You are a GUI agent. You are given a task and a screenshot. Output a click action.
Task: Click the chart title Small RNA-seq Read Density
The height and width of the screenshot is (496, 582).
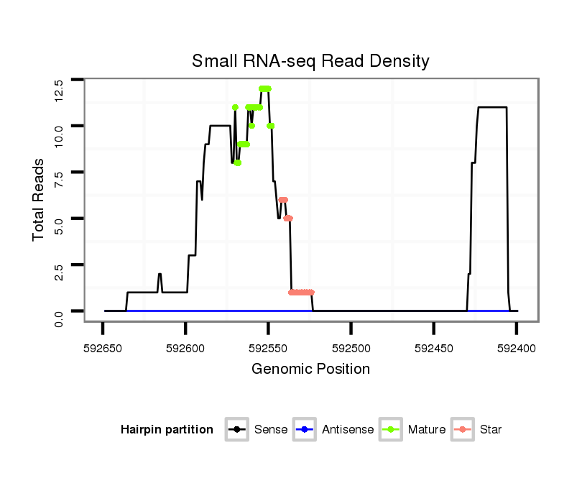click(x=310, y=61)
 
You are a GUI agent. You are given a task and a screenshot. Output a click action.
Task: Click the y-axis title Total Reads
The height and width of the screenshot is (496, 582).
click(x=40, y=200)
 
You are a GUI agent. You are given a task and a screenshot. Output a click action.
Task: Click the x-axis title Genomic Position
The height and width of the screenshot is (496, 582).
click(x=310, y=369)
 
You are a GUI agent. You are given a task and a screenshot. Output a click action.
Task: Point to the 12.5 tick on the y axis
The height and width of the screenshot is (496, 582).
click(x=60, y=88)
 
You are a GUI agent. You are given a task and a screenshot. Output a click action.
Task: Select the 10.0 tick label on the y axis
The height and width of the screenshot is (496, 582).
click(x=60, y=134)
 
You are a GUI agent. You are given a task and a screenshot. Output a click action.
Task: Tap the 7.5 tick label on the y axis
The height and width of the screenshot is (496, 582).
click(x=60, y=180)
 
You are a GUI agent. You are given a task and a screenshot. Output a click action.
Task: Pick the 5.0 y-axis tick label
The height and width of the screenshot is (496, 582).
click(x=60, y=226)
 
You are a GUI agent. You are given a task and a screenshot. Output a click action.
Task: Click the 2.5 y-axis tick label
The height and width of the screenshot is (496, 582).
click(x=60, y=273)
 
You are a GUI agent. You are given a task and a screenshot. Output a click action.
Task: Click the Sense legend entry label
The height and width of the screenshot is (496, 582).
click(x=271, y=430)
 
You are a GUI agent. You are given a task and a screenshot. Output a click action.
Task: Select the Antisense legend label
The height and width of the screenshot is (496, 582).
click(x=348, y=430)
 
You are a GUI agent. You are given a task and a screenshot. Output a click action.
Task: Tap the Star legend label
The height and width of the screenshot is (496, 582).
click(x=491, y=430)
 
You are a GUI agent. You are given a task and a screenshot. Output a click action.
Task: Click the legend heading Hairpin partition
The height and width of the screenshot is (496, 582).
click(x=167, y=430)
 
